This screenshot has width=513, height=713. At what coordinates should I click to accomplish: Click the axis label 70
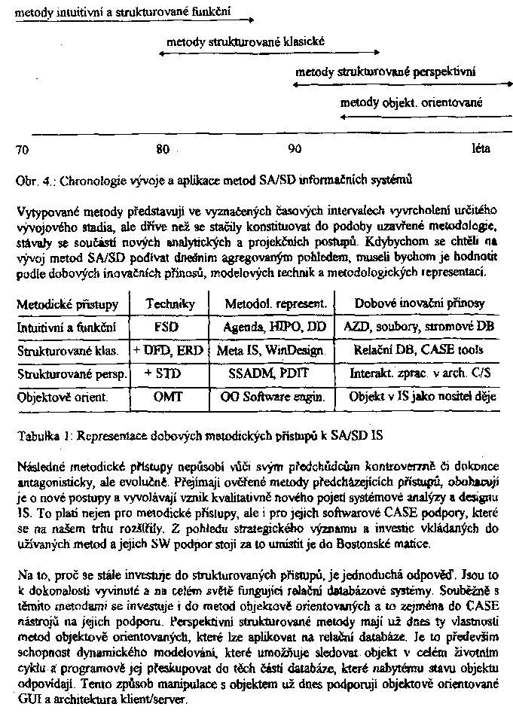pos(22,149)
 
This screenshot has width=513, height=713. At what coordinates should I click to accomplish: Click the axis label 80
pos(162,149)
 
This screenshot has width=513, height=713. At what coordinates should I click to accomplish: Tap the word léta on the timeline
pos(481,148)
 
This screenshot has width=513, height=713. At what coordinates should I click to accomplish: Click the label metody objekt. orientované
pos(411,102)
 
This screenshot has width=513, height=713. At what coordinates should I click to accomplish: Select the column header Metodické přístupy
pos(68,304)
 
